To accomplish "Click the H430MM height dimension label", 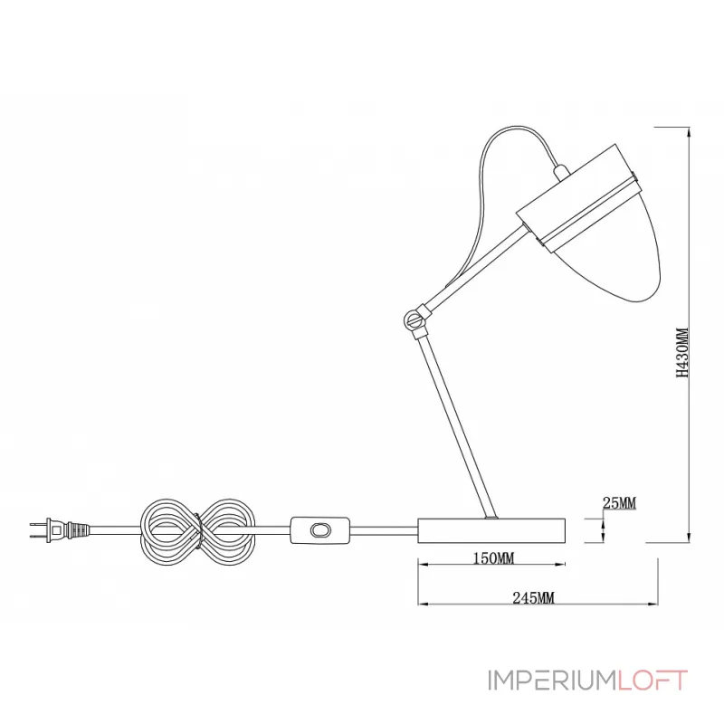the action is [x=682, y=353].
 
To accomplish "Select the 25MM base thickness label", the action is [x=619, y=502].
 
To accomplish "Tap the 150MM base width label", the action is [x=493, y=558].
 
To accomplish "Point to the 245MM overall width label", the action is [x=533, y=598].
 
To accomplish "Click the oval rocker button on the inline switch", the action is [x=319, y=530].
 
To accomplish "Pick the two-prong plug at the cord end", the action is [x=49, y=530].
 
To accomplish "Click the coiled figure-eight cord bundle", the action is [x=197, y=532].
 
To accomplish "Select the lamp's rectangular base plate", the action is [x=491, y=530].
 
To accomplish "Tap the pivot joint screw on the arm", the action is [x=413, y=319].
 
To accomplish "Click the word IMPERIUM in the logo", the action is [x=552, y=681].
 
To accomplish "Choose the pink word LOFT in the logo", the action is [x=653, y=681].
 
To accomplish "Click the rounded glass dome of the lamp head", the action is [x=620, y=259].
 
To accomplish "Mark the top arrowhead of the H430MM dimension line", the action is [x=689, y=131].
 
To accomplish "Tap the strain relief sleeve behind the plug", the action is [x=78, y=530].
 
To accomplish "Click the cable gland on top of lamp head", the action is [x=561, y=172].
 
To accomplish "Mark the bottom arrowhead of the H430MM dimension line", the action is [x=689, y=538].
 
